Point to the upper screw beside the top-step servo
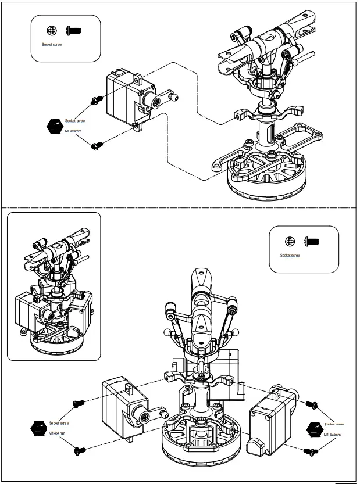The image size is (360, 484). (x=94, y=101)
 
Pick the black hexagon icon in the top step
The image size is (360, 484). (x=54, y=126)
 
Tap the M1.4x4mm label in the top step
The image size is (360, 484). (x=73, y=131)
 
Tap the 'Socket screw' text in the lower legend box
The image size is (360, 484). (x=290, y=255)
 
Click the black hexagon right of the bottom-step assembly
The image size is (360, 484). (x=314, y=428)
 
